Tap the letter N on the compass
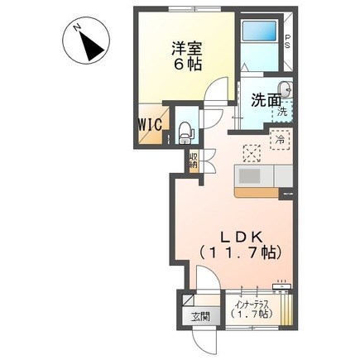tap(75, 28)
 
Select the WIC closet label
tap(150, 124)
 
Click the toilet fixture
tap(185, 127)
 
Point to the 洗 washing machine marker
tap(281, 112)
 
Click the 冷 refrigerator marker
tap(281, 140)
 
